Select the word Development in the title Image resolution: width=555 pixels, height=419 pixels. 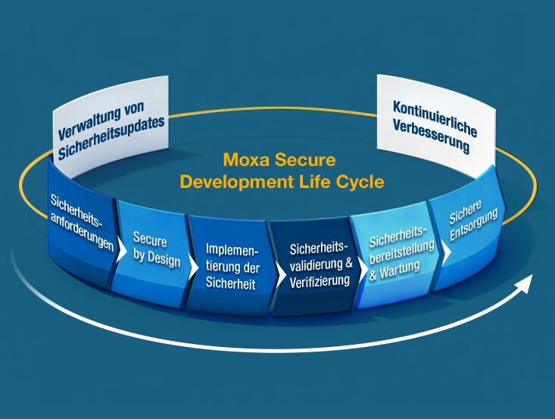[x=237, y=183]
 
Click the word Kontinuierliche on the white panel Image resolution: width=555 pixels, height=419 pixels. [x=435, y=118]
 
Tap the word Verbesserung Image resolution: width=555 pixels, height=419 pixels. [x=431, y=136]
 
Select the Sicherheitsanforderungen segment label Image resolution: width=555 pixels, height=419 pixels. [x=82, y=223]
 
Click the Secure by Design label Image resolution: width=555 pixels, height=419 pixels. [x=156, y=249]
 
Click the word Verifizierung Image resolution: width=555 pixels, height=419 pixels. [x=320, y=281]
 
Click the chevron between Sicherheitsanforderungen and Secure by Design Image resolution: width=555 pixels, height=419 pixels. [x=120, y=250]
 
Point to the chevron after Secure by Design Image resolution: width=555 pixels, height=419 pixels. [x=193, y=267]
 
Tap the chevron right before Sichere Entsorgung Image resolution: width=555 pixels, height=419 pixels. [x=446, y=252]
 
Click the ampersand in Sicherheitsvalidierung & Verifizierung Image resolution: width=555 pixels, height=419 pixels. [x=348, y=263]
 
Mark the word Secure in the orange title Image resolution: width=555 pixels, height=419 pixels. [x=305, y=160]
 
